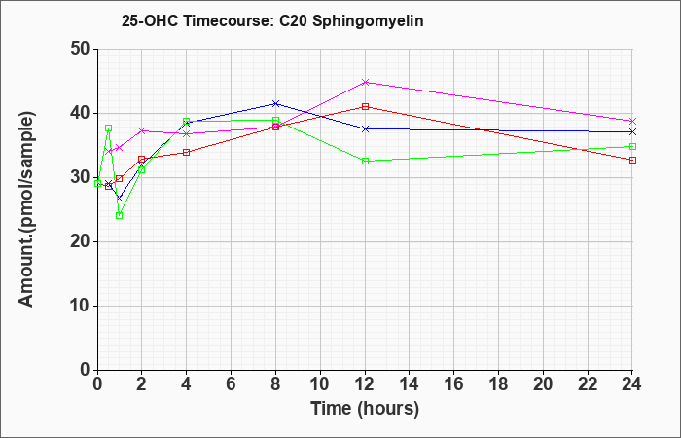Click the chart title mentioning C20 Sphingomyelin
(x=272, y=21)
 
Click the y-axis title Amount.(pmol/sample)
(x=26, y=209)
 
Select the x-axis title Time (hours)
(x=365, y=409)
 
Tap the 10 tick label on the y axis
(x=80, y=306)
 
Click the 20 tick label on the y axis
(x=80, y=241)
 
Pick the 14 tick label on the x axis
(x=410, y=384)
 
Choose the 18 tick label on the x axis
(x=498, y=384)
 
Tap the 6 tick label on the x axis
(x=232, y=384)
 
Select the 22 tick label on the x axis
(x=588, y=384)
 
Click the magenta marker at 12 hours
(x=365, y=82)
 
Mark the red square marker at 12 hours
(x=365, y=106)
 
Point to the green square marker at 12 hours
(x=365, y=162)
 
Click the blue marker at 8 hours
(x=275, y=103)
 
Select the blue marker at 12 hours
(x=365, y=129)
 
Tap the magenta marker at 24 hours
(x=632, y=122)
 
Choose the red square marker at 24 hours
(x=632, y=161)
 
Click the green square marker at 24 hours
(x=632, y=146)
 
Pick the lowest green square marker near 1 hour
(x=120, y=215)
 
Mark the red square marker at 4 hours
(x=187, y=153)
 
